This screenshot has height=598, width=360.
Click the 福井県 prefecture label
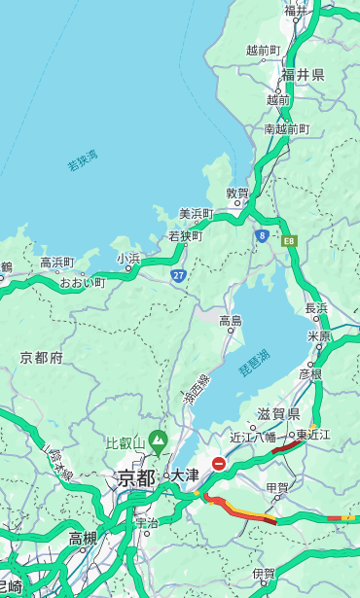pyautogui.click(x=303, y=75)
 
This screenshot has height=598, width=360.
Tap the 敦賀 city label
pyautogui.click(x=238, y=193)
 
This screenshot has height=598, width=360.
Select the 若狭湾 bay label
pyautogui.click(x=83, y=160)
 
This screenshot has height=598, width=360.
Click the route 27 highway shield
pyautogui.click(x=178, y=276)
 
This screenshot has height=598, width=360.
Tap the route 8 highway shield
pyautogui.click(x=262, y=235)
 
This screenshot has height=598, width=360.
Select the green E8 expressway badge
pyautogui.click(x=289, y=239)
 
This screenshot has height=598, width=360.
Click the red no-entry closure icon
pyautogui.click(x=219, y=464)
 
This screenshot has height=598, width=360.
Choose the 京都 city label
pyautogui.click(x=136, y=477)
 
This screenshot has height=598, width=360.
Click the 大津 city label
pyautogui.click(x=184, y=475)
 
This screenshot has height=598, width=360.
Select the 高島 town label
pyautogui.click(x=231, y=321)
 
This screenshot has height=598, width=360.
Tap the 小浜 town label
pyautogui.click(x=128, y=259)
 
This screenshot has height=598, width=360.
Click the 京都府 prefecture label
pyautogui.click(x=42, y=358)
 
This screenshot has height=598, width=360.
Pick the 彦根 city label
pyautogui.click(x=310, y=373)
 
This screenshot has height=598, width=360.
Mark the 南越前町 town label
pyautogui.click(x=286, y=129)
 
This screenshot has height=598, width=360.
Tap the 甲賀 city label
pyautogui.click(x=277, y=487)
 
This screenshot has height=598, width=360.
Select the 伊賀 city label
pyautogui.click(x=264, y=575)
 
